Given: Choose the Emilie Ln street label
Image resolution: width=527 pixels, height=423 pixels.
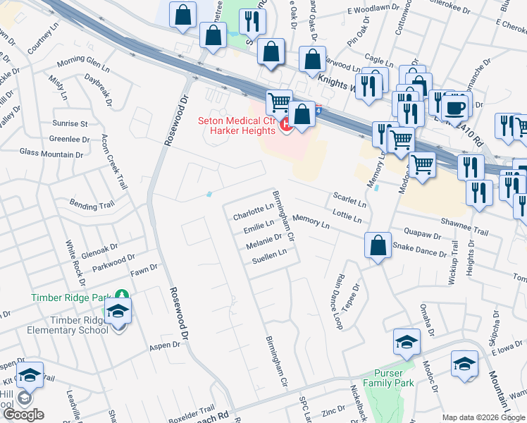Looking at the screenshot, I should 258,228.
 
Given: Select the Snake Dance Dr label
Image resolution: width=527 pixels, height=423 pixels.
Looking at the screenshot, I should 420,249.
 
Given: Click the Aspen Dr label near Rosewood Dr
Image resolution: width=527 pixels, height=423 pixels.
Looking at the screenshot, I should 161,348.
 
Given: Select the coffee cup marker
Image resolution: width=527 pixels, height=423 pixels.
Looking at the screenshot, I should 455,106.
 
